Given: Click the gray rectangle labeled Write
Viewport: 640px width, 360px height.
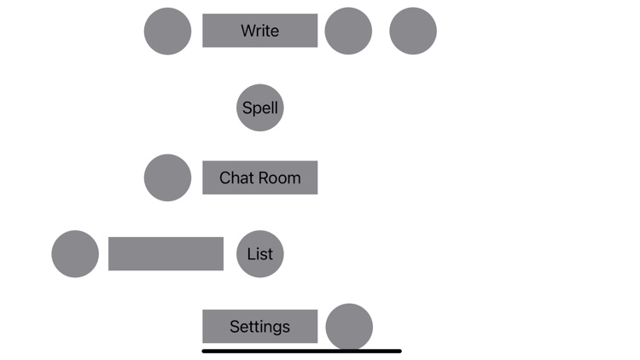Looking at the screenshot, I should [x=259, y=31].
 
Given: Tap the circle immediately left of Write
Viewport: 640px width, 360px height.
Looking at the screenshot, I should [x=167, y=31].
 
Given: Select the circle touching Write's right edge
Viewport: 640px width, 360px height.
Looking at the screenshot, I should [x=348, y=31].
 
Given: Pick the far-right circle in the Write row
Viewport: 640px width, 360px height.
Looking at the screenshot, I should [x=413, y=31].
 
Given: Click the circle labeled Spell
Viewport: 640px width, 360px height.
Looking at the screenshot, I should [x=259, y=108].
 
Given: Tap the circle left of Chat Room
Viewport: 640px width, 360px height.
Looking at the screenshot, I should [x=167, y=177].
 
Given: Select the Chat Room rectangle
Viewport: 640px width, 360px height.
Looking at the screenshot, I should [x=259, y=177].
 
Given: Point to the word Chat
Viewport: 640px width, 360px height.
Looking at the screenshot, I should [x=236, y=177].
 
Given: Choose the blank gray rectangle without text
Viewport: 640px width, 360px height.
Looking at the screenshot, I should [x=166, y=253].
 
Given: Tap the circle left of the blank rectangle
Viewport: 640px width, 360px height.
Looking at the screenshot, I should [x=75, y=253].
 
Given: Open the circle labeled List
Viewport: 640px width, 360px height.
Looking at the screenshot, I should [x=259, y=253].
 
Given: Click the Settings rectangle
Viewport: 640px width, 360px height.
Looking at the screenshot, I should [x=259, y=327].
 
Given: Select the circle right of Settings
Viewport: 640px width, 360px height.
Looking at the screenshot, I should [x=349, y=326].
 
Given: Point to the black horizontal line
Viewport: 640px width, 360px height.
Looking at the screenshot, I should [x=301, y=351].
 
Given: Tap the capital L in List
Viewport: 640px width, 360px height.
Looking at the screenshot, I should [x=251, y=253].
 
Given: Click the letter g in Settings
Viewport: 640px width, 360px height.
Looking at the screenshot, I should [x=276, y=328].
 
